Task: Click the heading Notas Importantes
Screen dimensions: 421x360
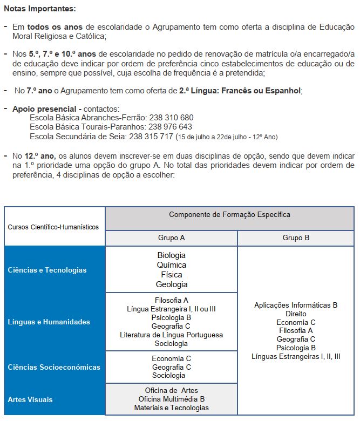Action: pos(40,9)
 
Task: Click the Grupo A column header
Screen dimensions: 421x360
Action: pos(171,238)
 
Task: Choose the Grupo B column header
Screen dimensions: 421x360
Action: pos(296,238)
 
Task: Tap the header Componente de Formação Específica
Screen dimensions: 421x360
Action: pos(229,215)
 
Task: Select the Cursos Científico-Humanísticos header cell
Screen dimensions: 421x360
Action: pos(53,227)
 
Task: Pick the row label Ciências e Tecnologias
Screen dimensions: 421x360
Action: pos(47,270)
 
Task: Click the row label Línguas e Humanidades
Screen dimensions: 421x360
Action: pos(49,322)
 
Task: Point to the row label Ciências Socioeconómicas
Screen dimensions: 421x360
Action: pos(54,367)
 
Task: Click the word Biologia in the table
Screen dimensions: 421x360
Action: pos(171,255)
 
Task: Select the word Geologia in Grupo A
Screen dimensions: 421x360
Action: pos(172,284)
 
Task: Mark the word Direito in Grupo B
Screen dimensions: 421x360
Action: pos(296,314)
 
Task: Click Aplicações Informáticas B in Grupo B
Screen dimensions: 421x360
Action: pos(296,305)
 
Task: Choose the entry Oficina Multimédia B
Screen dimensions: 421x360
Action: pos(172,399)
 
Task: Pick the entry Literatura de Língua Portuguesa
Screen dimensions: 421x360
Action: pos(172,335)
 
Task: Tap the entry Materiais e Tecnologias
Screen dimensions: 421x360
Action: pos(172,408)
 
